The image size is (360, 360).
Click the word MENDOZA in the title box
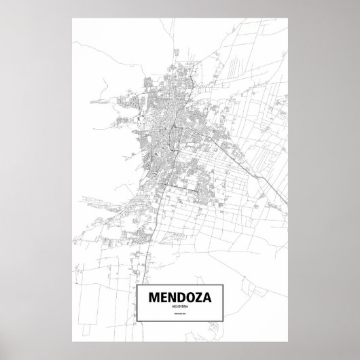coord(180,278)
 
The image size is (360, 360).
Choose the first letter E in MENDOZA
coord(158,278)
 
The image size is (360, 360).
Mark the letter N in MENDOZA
coord(167,278)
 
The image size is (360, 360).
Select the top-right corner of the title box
coord(223,266)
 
